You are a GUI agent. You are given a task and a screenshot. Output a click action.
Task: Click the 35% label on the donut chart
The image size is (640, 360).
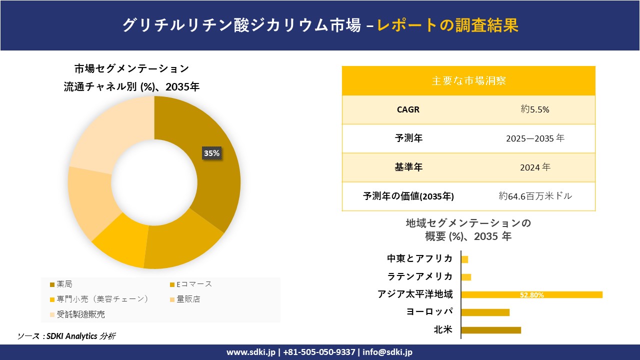[x=211, y=153]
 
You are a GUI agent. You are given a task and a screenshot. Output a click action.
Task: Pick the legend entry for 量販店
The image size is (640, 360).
[x=188, y=299]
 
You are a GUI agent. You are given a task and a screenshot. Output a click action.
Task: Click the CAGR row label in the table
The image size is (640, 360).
[x=408, y=109]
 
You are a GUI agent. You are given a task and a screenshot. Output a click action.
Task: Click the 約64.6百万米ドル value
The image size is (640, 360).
[x=535, y=196]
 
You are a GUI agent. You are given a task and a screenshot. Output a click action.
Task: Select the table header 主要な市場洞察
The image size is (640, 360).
[x=468, y=80]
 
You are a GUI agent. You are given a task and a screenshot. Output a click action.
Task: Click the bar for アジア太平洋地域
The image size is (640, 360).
[x=531, y=294]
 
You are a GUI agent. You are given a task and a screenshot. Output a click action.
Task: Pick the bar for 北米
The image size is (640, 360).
[x=491, y=330]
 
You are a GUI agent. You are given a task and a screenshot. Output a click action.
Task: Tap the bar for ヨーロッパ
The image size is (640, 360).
[x=485, y=312]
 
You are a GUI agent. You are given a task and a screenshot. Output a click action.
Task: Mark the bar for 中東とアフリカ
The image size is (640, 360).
[x=464, y=259]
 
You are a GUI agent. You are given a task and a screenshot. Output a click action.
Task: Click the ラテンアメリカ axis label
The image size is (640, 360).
[x=420, y=276]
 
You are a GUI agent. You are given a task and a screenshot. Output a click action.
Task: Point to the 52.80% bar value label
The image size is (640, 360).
[x=531, y=295]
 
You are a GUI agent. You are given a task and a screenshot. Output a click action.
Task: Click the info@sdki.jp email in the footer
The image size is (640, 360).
[x=387, y=352]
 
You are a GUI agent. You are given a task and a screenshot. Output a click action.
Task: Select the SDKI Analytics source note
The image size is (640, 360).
[x=66, y=336]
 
